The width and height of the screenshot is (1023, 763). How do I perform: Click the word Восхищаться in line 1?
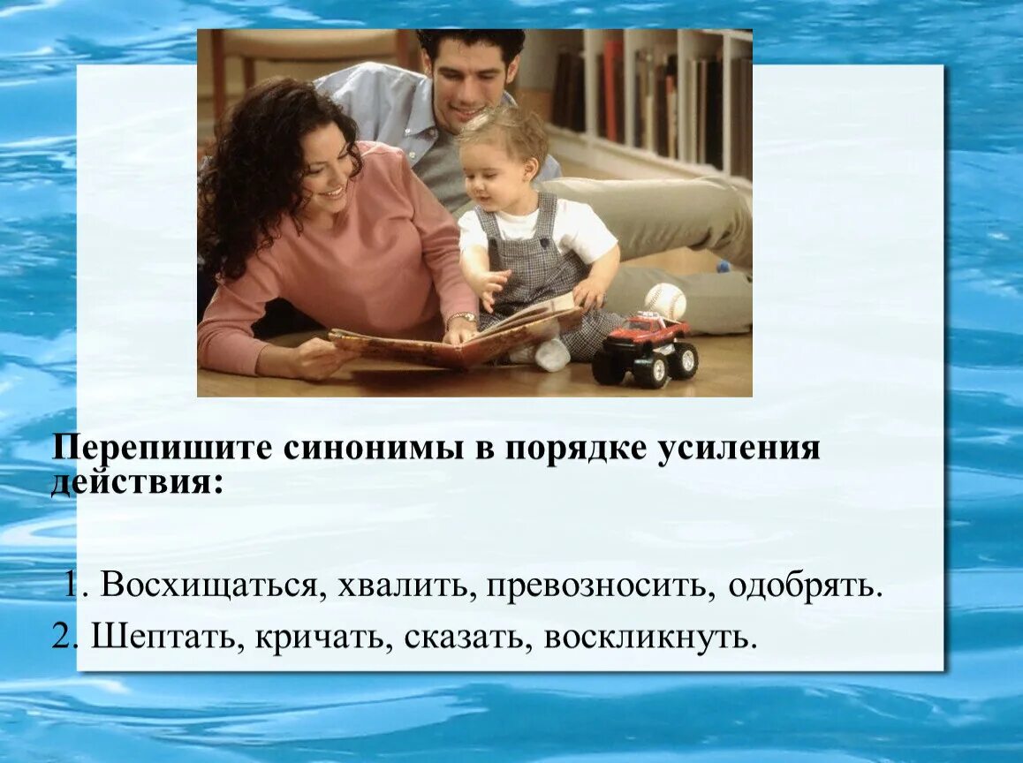(x=208, y=585)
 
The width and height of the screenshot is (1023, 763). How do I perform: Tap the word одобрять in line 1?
(x=805, y=585)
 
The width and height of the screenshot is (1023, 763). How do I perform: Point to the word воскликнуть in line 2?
(x=650, y=636)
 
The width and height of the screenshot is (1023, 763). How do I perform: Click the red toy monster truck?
(x=646, y=348)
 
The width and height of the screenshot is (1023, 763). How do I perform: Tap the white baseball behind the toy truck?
(x=665, y=301)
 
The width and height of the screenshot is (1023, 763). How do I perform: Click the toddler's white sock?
(x=551, y=355)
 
